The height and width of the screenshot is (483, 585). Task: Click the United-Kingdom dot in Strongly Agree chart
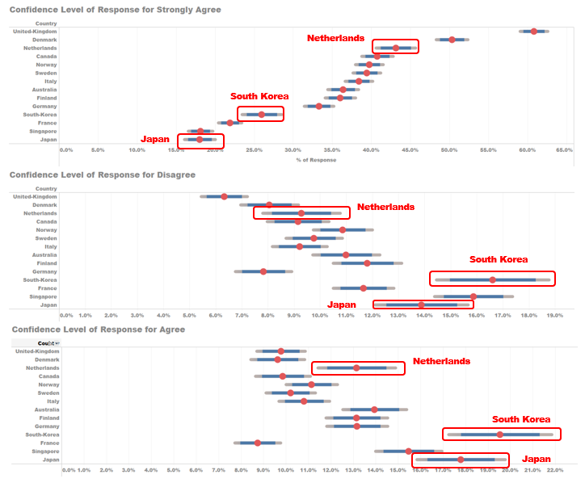534,31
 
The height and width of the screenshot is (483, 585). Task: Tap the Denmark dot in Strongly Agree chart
452,40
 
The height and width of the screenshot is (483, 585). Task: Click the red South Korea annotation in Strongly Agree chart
259,96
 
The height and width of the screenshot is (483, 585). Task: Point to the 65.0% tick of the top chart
563,149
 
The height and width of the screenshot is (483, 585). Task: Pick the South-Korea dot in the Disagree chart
493,279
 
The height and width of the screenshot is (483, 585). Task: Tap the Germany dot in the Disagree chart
263,271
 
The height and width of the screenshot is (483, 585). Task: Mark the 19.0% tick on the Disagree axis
555,315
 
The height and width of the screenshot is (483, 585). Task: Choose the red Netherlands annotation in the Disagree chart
385,207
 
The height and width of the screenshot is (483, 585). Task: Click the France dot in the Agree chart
258,443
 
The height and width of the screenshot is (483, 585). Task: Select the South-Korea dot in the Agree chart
500,435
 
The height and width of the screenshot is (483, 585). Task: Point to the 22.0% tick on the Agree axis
555,469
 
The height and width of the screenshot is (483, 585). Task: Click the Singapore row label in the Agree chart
44,451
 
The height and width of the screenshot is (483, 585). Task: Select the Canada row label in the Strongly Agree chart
46,57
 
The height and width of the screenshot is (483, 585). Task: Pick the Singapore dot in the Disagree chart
473,296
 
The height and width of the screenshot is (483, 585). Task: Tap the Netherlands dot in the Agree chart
356,368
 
